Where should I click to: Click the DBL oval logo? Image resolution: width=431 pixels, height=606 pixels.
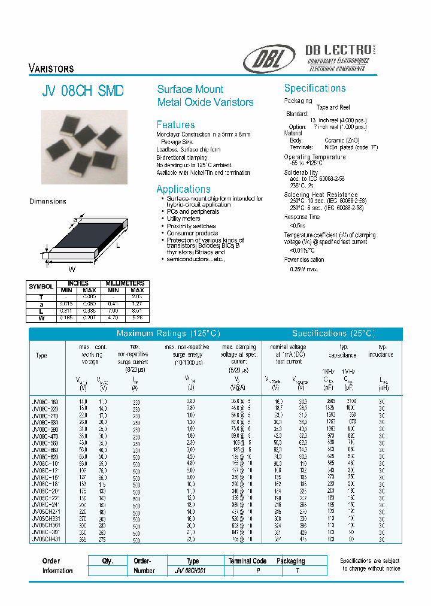coord(269,59)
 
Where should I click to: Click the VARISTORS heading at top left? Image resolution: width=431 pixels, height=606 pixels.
coord(51,68)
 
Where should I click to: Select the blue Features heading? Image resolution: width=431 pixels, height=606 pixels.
coord(175,125)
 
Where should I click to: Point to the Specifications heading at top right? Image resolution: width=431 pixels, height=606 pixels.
coord(314,88)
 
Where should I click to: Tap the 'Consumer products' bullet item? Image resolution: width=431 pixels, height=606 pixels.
coord(192,234)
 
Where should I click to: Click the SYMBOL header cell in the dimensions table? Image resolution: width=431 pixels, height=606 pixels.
coord(41,286)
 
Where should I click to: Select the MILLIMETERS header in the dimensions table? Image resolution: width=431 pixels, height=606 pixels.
coord(125,283)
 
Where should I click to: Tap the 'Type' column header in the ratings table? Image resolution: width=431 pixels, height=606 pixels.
coord(41,355)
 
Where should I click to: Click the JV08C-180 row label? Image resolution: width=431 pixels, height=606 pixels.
coord(45,401)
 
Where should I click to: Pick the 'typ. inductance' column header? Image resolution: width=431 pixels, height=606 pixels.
coord(383,351)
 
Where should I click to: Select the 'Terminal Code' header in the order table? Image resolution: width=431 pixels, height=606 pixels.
coord(247,561)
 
